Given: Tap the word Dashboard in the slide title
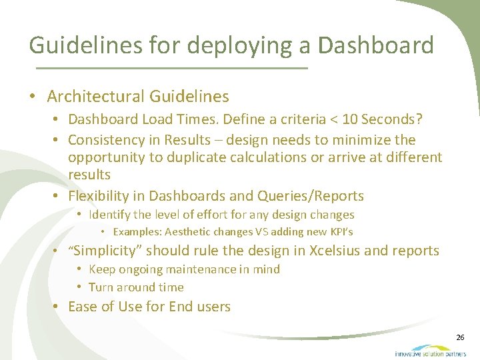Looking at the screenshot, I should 376,45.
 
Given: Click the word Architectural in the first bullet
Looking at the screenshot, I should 95,97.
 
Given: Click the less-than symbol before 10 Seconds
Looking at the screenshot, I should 331,120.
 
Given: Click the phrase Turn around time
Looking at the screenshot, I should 136,287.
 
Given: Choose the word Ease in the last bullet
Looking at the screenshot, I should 83,307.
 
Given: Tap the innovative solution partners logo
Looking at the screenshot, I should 430,351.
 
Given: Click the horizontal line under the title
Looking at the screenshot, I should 171,69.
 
